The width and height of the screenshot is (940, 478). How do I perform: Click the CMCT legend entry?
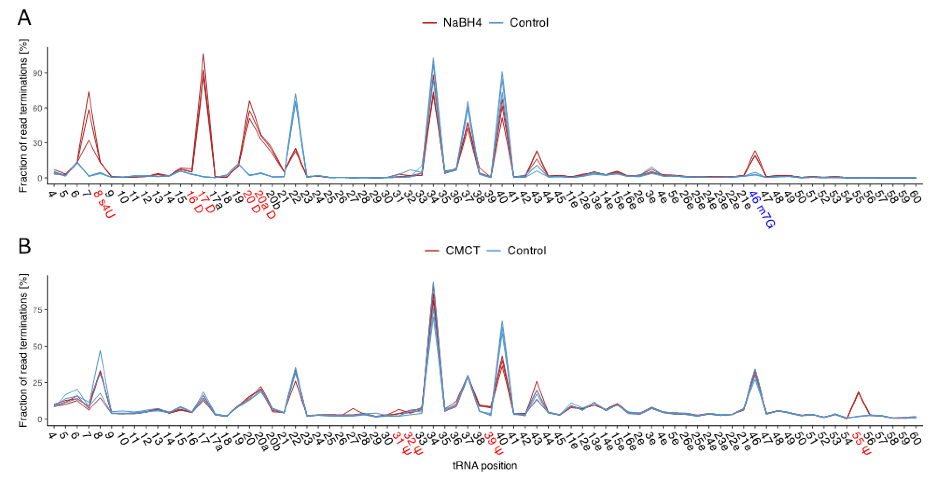coord(462,251)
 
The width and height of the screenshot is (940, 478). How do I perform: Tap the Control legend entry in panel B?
coord(526,251)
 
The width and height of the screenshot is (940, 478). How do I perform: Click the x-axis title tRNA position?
coord(485,466)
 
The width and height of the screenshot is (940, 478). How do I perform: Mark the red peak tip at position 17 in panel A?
coord(203,54)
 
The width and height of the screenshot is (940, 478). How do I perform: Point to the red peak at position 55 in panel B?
coord(858,392)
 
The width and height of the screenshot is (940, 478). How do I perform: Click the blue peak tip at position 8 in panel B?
coord(100,351)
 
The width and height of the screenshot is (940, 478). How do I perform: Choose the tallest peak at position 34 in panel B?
coord(433,282)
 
